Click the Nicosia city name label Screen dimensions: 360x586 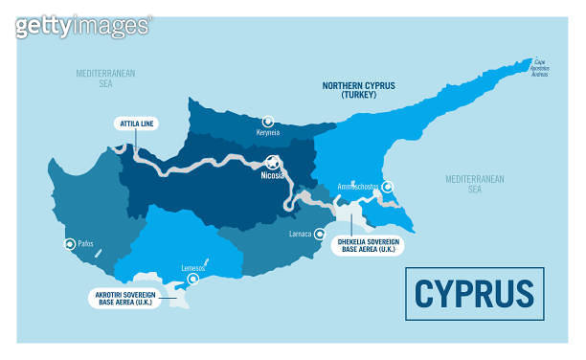275,177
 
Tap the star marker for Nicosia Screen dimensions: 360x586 273,162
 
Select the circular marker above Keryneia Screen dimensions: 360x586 268,122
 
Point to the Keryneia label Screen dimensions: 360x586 269,134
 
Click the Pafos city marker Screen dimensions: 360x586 68,244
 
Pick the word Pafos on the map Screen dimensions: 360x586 87,244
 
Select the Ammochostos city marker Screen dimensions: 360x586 388,187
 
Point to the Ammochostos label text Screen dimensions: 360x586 360,188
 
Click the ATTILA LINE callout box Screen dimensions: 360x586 135,124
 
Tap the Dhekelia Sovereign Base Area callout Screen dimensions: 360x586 367,245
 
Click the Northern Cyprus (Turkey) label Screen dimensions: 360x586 359,90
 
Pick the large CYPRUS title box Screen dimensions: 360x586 475,293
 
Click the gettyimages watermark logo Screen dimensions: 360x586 83,25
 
